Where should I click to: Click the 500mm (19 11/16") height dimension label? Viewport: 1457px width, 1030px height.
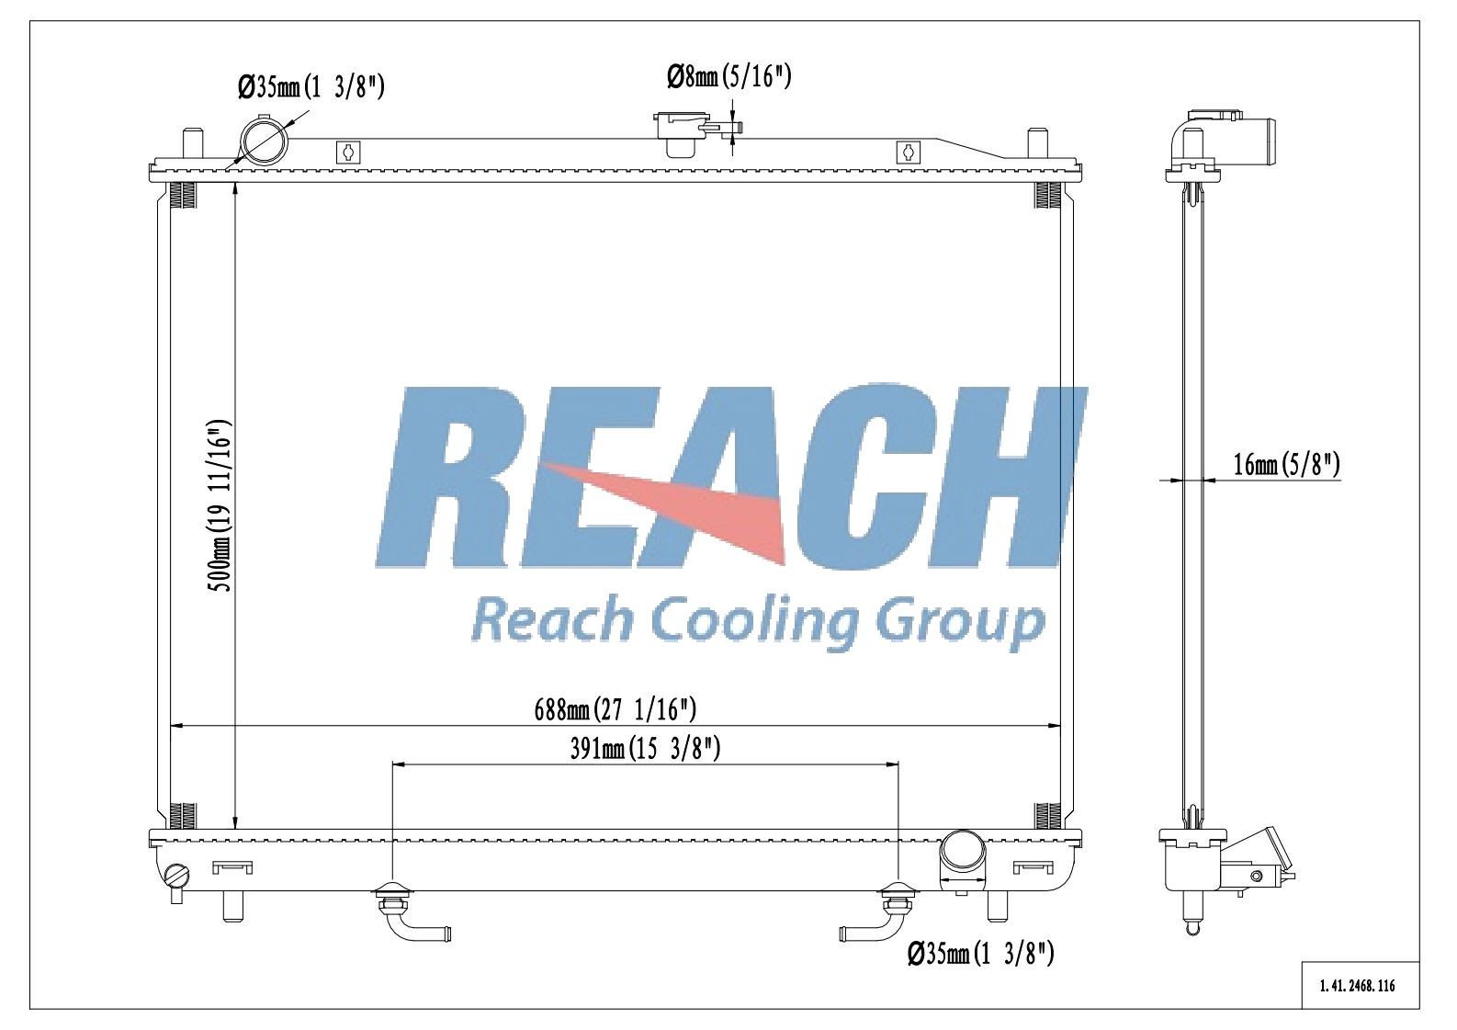pyautogui.click(x=219, y=505)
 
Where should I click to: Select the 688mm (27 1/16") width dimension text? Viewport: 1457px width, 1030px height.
pyautogui.click(x=616, y=709)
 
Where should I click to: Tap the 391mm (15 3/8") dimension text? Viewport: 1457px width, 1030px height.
pyautogui.click(x=645, y=749)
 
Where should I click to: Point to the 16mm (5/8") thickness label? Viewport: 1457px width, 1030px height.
pyautogui.click(x=1286, y=465)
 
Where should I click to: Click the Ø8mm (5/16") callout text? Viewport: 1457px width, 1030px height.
pyautogui.click(x=729, y=77)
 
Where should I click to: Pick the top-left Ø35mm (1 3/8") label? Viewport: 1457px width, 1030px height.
pyautogui.click(x=311, y=86)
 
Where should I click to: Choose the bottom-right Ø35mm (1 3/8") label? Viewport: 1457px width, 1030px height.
pyautogui.click(x=981, y=955)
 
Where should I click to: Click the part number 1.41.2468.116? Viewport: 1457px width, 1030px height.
pyautogui.click(x=1358, y=986)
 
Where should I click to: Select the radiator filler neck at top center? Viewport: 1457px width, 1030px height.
pyautogui.click(x=683, y=134)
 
